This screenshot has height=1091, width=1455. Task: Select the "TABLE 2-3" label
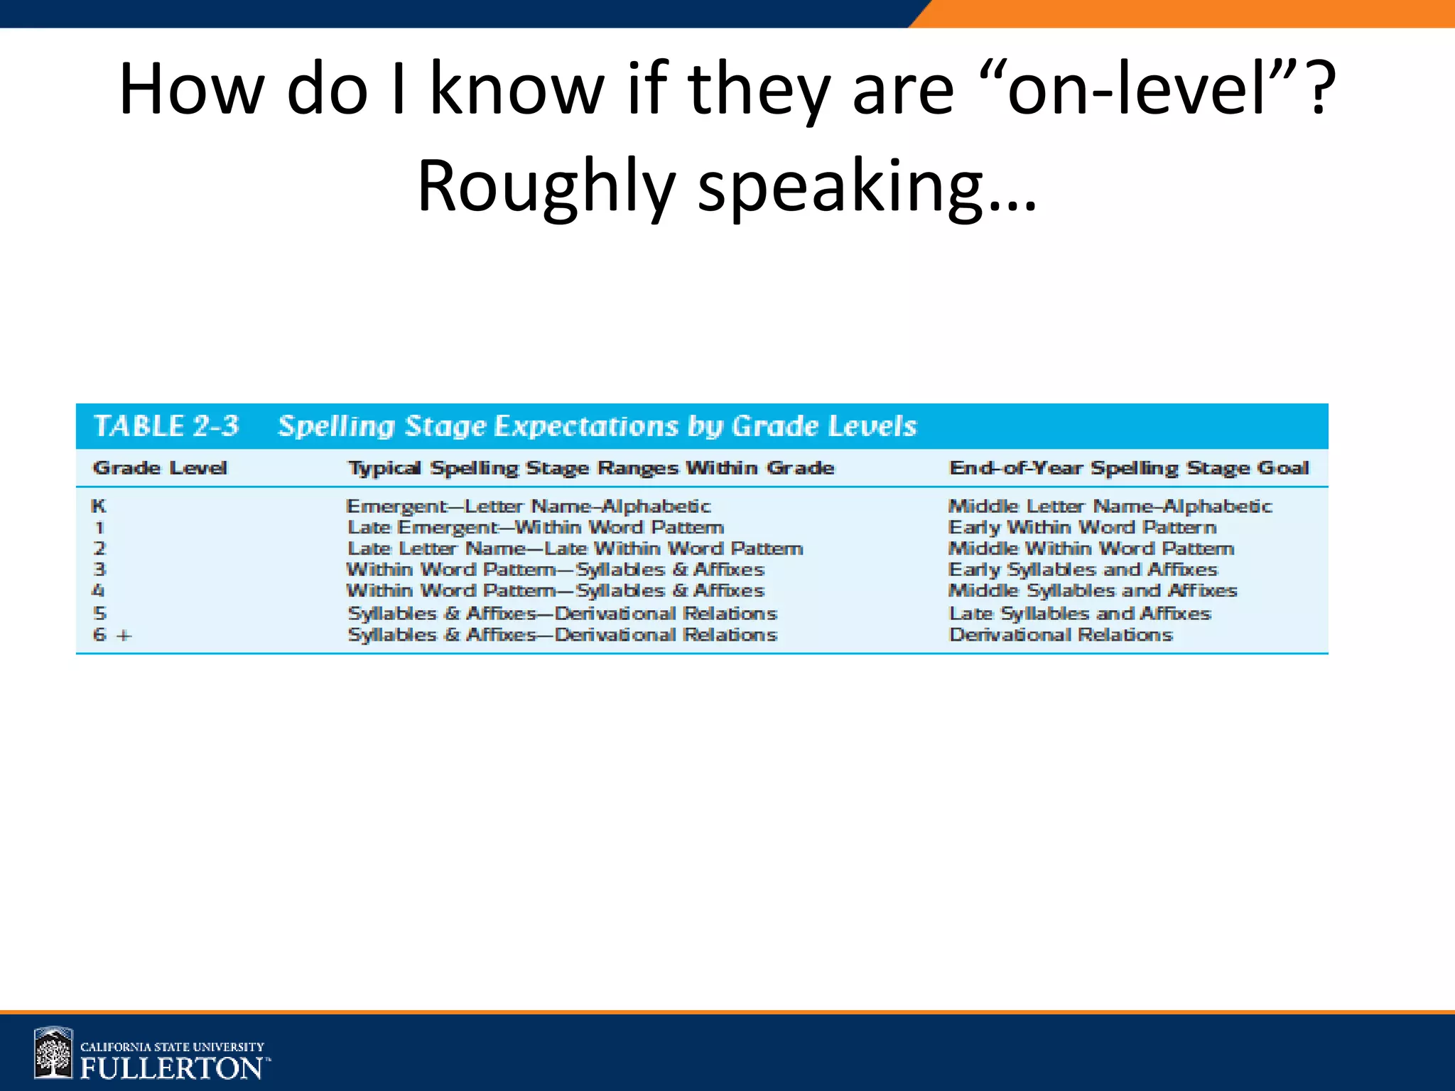coord(166,426)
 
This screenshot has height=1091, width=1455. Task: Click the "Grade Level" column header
coord(160,468)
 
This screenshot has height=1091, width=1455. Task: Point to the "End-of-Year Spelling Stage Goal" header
coord(1129,468)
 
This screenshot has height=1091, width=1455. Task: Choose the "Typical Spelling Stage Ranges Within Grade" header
coord(591,468)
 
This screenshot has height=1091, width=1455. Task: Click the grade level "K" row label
coord(99,506)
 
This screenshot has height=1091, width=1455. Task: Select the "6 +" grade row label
coord(112,635)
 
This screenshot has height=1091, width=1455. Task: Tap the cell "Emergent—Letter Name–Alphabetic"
coord(529,506)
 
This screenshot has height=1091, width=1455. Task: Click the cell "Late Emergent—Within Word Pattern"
coord(536,528)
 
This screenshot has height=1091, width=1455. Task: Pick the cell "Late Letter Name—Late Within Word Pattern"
coord(575,549)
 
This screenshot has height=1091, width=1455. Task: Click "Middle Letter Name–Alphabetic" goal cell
coord(1110,506)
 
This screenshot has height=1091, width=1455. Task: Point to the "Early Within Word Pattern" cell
coord(1083,528)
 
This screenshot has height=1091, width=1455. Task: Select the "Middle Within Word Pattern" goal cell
coord(1091,549)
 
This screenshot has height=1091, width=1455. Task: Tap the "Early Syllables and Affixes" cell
coord(1083,570)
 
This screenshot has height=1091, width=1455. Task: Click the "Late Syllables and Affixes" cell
coord(1080,614)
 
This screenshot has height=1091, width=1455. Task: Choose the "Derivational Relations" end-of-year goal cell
coord(1061,635)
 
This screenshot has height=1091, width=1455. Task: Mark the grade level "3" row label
coord(99,570)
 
